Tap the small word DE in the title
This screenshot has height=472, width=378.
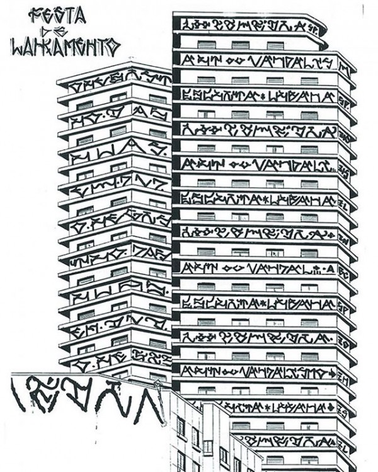point(64,29)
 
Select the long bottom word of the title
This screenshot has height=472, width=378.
point(65,45)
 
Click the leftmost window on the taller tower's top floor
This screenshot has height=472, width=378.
point(207,45)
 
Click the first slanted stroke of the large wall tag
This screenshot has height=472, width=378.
point(19,394)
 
